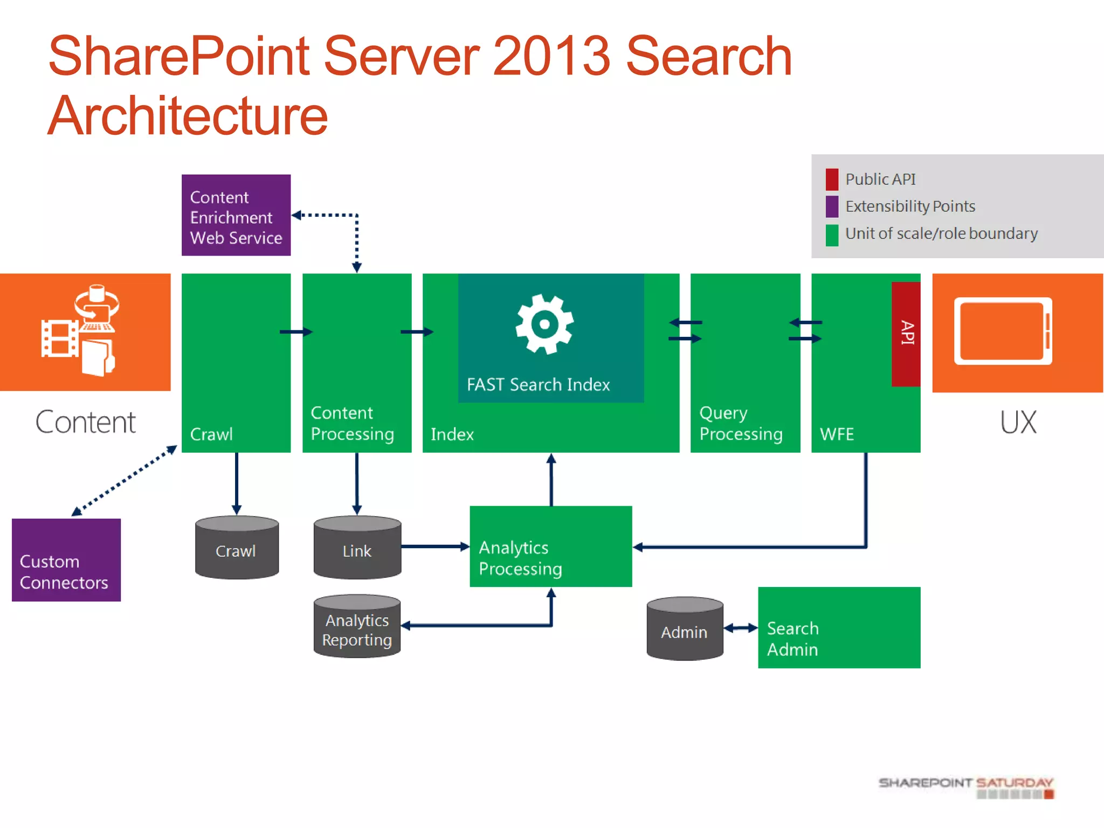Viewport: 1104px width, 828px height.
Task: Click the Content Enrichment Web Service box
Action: coord(236,215)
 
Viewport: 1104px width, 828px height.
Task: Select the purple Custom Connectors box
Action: coord(66,560)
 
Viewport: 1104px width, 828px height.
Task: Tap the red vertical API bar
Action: coord(906,334)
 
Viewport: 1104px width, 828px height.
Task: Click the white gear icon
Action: coord(544,324)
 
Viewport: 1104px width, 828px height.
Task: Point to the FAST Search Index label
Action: coord(538,384)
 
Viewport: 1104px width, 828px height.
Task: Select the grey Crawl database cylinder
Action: coord(237,548)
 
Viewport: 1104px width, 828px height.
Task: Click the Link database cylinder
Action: coord(357,548)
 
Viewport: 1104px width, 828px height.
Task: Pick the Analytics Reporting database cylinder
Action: coord(357,627)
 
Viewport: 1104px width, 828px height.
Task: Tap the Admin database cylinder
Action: coord(684,629)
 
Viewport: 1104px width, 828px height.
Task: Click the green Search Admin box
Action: coord(839,628)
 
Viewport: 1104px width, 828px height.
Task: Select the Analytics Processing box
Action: coord(550,547)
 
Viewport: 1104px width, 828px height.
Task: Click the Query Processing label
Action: coord(741,423)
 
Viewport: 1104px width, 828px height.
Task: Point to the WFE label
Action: coord(837,434)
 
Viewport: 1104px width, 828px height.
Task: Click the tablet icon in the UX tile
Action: coord(1003,331)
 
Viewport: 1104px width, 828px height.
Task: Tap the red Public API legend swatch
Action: coord(832,180)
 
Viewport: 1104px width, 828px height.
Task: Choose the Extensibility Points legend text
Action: coord(910,206)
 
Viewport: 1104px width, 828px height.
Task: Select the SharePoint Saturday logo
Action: coord(965,787)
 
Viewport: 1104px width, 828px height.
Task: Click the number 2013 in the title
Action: coord(551,56)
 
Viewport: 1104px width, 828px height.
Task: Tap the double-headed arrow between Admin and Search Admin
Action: coord(741,628)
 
